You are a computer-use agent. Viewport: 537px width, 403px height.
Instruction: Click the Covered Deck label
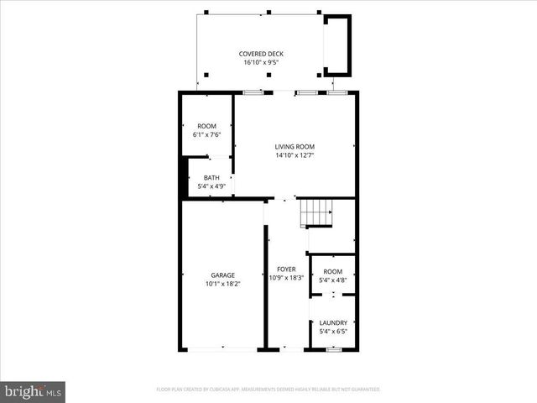[263, 54]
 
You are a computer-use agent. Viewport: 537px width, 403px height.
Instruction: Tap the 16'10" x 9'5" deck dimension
[263, 62]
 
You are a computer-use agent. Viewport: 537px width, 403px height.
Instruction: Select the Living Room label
[295, 146]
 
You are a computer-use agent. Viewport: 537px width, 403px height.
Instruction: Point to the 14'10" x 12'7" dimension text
[295, 154]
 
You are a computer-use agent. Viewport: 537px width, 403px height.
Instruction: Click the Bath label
[211, 177]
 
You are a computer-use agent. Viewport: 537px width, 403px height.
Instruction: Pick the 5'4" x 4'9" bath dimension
[211, 186]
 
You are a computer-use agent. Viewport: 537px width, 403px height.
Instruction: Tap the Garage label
[222, 275]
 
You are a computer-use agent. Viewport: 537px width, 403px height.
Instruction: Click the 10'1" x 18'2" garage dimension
[222, 283]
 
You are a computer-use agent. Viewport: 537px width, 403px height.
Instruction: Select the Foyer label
[287, 270]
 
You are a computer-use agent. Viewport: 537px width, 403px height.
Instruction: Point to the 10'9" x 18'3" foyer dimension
[287, 278]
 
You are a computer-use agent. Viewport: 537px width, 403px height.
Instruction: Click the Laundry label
[333, 322]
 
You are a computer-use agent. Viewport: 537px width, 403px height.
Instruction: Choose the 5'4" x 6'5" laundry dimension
[333, 331]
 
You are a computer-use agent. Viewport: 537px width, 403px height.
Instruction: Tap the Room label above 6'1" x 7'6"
[206, 125]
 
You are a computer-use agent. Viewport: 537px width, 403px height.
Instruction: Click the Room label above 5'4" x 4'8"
[333, 271]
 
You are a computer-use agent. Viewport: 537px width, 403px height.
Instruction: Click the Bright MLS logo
[34, 390]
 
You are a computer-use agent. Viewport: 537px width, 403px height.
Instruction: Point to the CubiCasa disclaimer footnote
[268, 390]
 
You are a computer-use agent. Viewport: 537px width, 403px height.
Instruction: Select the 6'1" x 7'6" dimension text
[206, 133]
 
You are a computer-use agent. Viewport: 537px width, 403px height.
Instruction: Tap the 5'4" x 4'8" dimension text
[333, 280]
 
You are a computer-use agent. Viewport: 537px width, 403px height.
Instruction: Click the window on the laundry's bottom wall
[333, 348]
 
